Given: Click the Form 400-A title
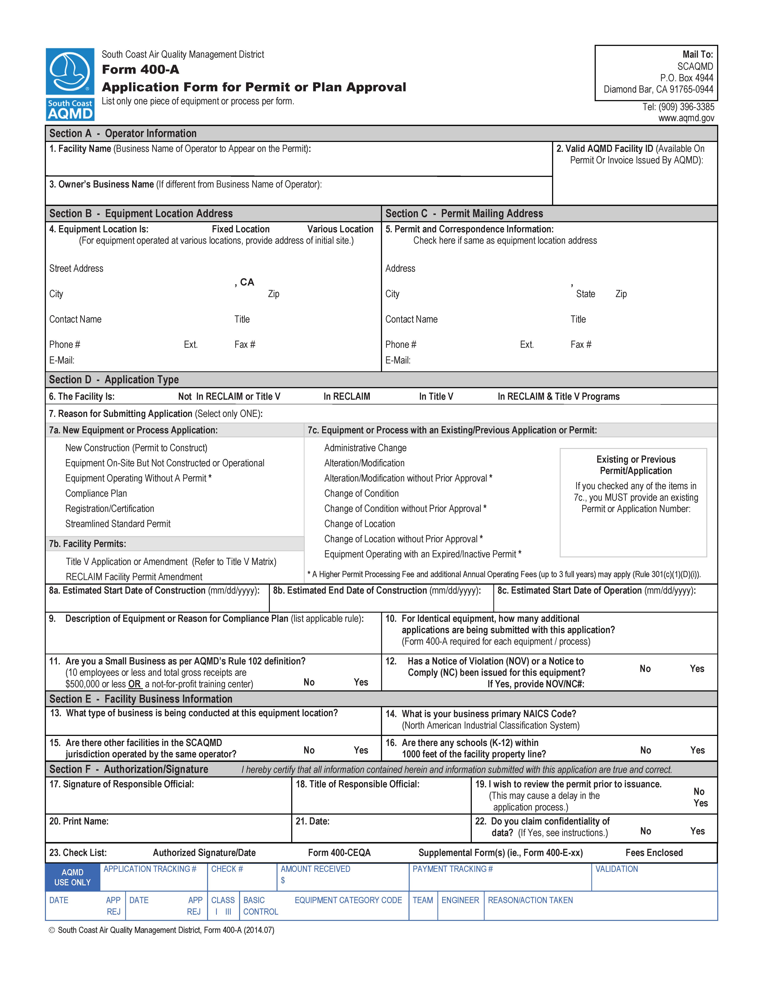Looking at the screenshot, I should pyautogui.click(x=141, y=70).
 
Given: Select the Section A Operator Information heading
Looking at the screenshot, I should pyautogui.click(x=123, y=134).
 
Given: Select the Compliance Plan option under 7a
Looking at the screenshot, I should pyautogui.click(x=96, y=494).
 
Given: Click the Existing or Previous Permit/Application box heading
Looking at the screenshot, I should pyautogui.click(x=636, y=465).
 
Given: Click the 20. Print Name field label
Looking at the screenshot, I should pyautogui.click(x=79, y=821).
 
